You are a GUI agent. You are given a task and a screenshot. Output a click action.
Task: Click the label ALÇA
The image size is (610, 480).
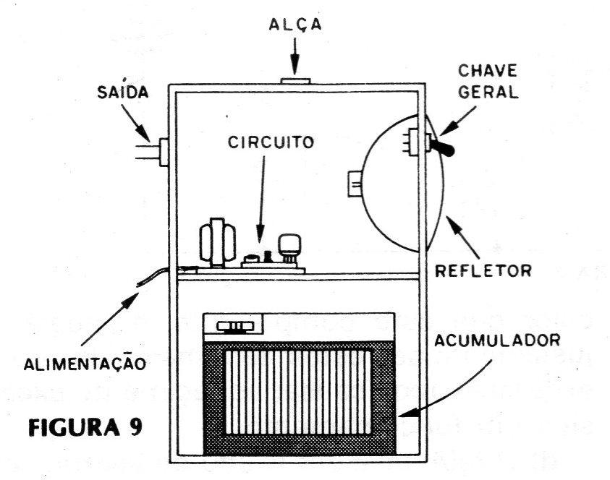coord(295,24)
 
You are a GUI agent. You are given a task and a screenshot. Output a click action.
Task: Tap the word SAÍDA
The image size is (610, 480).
coord(122,92)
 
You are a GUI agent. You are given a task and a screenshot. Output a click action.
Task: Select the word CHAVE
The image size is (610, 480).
coord(488,71)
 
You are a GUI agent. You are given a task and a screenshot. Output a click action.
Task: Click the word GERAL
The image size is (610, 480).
coord(488,92)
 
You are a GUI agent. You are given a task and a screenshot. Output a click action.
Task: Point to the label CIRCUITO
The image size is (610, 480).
coord(271,142)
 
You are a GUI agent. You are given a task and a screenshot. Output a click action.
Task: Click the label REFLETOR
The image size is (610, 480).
coord(483,270)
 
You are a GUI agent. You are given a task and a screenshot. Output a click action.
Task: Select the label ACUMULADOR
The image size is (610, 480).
coord(497,340)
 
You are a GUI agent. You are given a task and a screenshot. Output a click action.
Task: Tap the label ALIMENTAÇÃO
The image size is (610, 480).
coord(85,364)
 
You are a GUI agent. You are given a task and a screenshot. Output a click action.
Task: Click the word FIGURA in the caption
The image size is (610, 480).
coord(74,427)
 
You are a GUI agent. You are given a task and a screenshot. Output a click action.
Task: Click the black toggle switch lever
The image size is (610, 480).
coord(443,148)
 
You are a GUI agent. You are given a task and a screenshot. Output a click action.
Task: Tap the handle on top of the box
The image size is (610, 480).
coord(295,81)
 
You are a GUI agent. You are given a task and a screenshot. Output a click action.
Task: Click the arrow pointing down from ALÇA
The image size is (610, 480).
coord(295,56)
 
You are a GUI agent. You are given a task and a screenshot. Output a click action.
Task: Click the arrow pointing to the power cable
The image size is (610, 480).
coord(110,319)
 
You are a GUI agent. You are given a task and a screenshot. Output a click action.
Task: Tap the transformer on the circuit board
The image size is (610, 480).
coord(218,242)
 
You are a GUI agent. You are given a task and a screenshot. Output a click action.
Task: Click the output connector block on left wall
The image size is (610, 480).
coord(164,152)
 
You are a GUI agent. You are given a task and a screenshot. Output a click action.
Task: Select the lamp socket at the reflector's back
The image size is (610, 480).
coord(355,184)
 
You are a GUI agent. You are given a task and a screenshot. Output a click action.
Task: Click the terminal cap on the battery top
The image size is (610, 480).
coord(235,327)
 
